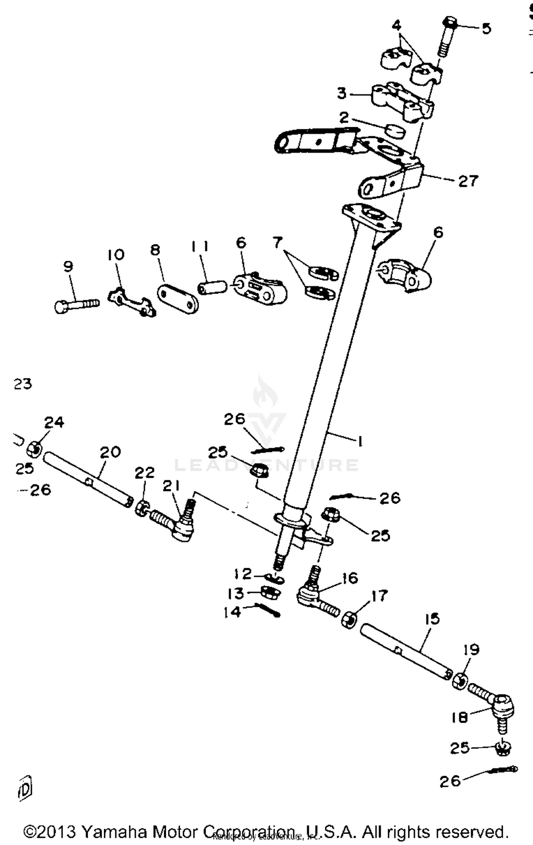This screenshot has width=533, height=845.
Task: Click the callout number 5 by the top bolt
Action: tap(486, 28)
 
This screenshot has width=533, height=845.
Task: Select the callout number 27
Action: tap(468, 181)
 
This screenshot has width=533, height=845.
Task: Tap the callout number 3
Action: tap(341, 93)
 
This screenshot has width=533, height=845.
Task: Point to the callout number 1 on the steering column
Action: tap(360, 442)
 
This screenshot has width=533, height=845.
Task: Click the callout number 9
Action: tap(68, 266)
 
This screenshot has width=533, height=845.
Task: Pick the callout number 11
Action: tap(200, 247)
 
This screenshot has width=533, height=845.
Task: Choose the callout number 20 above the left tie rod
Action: tap(110, 452)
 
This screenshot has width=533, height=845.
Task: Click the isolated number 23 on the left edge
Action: tap(23, 384)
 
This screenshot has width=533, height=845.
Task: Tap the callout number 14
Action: tap(232, 612)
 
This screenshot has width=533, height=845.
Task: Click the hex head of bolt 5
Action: tap(450, 22)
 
